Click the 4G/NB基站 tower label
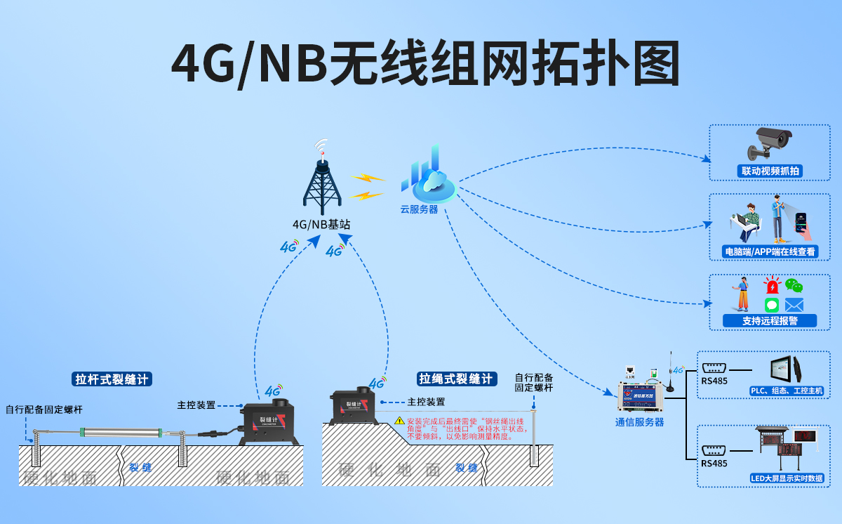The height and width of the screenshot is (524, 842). pyautogui.click(x=321, y=225)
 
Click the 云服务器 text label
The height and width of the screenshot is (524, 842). pyautogui.click(x=419, y=209)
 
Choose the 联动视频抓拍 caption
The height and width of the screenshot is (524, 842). pyautogui.click(x=770, y=171)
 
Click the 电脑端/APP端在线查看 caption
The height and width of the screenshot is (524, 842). pyautogui.click(x=770, y=251)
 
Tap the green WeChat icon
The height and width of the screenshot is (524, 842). pyautogui.click(x=794, y=286)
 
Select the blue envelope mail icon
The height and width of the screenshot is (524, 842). pyautogui.click(x=794, y=305)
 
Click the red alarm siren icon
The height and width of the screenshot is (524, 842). pyautogui.click(x=772, y=286)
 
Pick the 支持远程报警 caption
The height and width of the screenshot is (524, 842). pyautogui.click(x=770, y=321)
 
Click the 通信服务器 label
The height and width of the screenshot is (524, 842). pyautogui.click(x=639, y=422)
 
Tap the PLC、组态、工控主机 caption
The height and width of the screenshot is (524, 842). pyautogui.click(x=786, y=391)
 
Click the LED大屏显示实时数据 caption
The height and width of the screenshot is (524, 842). pyautogui.click(x=787, y=478)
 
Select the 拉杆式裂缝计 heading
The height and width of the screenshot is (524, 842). pyautogui.click(x=112, y=379)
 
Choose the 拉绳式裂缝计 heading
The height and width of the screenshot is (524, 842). pyautogui.click(x=457, y=379)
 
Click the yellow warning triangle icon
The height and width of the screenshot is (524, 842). pyautogui.click(x=399, y=421)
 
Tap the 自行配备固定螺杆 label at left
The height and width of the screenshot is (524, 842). pyautogui.click(x=44, y=410)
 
